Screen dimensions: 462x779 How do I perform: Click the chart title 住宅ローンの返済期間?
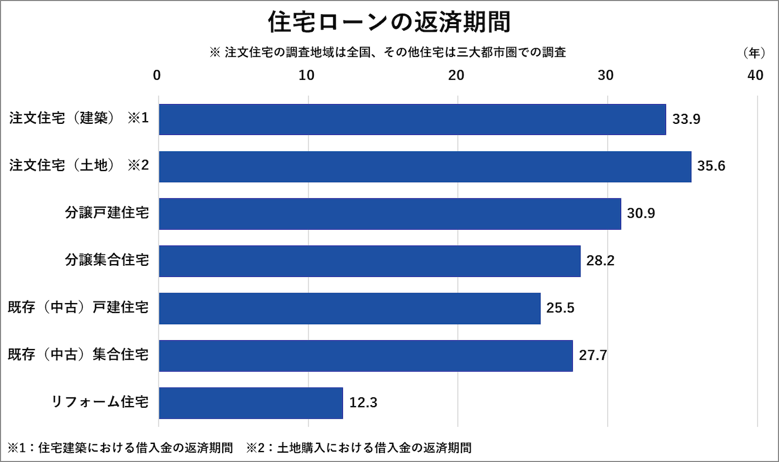pos(389,22)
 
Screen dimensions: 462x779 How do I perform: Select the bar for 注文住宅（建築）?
pos(412,119)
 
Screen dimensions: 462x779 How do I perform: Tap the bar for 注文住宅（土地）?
pos(425,167)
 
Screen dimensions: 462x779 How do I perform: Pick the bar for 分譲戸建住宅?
pos(390,214)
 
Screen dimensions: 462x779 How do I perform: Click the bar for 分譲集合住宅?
pos(369,261)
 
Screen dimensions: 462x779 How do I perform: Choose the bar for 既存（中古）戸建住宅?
pos(349,308)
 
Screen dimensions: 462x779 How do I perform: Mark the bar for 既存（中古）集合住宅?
pos(365,356)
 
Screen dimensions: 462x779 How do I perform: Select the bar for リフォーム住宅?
pos(251,403)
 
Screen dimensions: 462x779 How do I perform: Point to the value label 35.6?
pos(711,166)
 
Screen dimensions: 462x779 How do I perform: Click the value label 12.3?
pos(363,403)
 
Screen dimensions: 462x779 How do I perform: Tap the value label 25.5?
pos(560,308)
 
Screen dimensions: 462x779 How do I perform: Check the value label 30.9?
pos(641,213)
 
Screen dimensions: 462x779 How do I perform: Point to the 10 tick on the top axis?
pos(307,76)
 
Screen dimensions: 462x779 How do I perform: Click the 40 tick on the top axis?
pos(755,76)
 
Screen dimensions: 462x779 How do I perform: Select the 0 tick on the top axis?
pos(157,76)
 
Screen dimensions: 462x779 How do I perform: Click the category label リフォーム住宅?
pos(100,402)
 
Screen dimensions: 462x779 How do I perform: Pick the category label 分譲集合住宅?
pos(107,260)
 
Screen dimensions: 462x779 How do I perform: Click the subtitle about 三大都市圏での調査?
pos(387,53)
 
